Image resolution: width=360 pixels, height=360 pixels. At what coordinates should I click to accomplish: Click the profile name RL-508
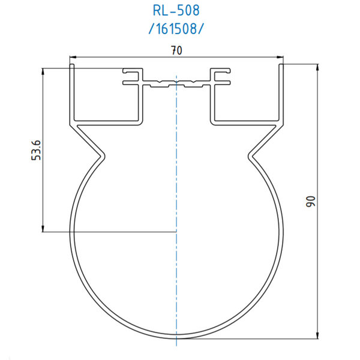(x=176, y=11)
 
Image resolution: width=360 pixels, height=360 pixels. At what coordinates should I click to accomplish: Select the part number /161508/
(x=176, y=29)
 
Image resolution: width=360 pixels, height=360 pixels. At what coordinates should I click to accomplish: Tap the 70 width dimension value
(x=176, y=50)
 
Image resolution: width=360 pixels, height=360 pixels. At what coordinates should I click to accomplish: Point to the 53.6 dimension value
(x=36, y=150)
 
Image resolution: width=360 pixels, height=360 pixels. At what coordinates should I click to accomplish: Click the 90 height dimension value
(x=311, y=202)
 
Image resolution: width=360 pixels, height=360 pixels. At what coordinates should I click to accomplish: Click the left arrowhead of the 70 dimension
(x=73, y=57)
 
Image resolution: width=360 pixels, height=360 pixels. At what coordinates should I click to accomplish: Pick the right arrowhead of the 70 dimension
(x=280, y=57)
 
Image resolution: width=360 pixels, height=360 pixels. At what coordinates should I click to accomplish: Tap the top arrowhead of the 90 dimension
(x=317, y=67)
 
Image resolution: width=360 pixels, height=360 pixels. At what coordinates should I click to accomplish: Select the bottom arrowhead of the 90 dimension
(x=317, y=335)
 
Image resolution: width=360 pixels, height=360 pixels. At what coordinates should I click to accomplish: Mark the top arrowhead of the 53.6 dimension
(x=43, y=71)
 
